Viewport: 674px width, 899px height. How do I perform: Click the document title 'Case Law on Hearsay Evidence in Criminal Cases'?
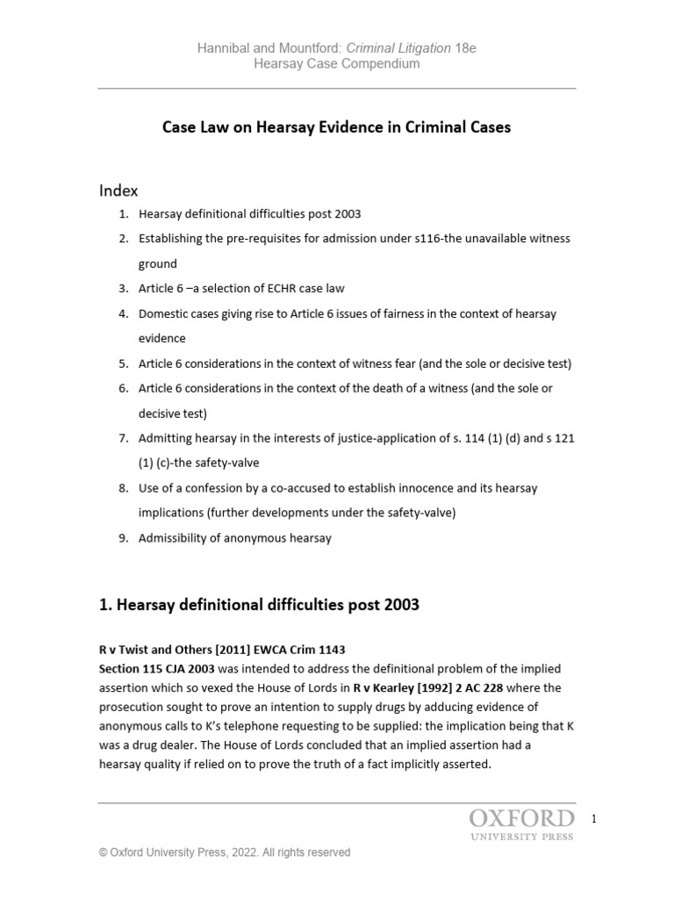336,127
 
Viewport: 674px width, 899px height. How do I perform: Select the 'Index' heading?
118,190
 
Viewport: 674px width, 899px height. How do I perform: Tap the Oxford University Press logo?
521,824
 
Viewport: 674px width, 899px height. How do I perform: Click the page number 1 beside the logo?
594,819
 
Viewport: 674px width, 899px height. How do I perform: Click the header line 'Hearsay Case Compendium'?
336,63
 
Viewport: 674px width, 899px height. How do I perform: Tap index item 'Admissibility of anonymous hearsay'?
234,538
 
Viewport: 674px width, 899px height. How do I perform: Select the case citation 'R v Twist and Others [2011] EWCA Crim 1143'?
221,650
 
